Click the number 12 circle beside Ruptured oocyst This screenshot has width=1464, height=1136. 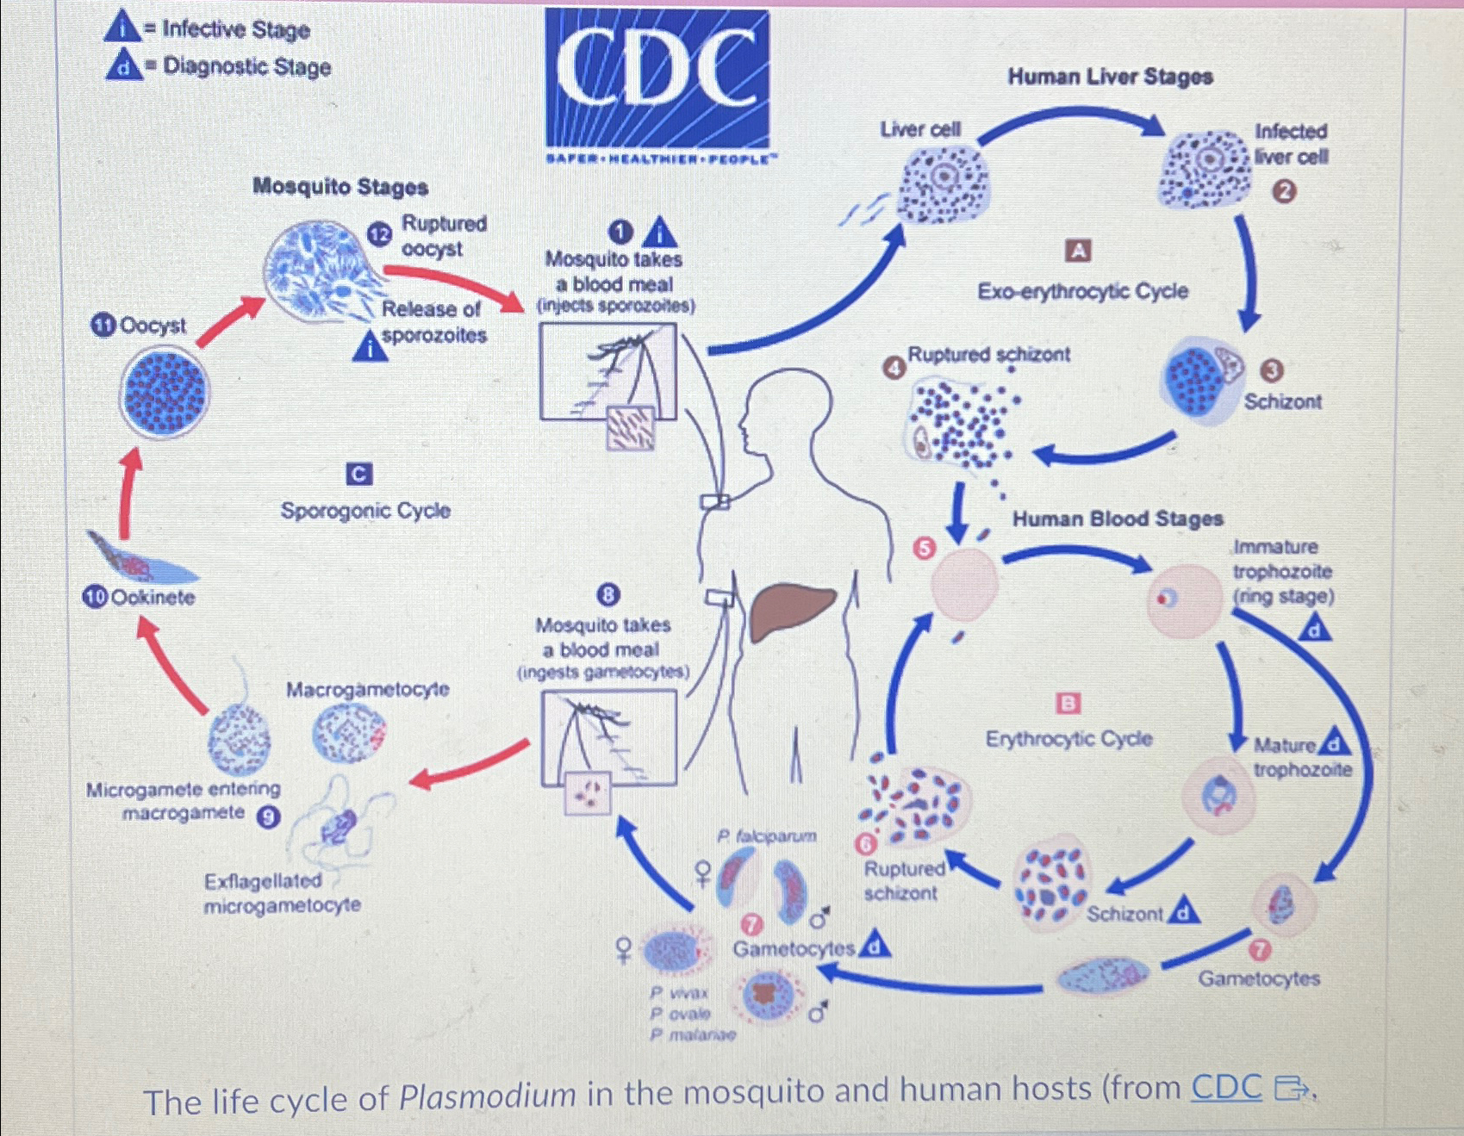[x=380, y=234]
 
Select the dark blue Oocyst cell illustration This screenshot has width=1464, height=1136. [x=163, y=392]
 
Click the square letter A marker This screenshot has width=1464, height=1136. [x=1078, y=251]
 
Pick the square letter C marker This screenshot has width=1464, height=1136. [x=358, y=474]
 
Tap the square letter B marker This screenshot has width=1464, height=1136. [x=1068, y=704]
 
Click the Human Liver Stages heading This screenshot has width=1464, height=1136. [x=1110, y=77]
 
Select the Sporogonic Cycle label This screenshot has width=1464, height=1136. [x=365, y=511]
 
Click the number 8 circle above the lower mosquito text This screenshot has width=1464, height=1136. [x=608, y=594]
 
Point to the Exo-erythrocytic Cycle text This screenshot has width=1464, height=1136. [x=1082, y=291]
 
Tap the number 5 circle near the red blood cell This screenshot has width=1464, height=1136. [x=924, y=548]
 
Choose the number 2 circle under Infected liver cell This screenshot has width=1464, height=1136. [x=1283, y=192]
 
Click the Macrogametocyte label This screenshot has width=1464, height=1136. [x=367, y=689]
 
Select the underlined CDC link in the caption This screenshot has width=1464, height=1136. [x=1226, y=1088]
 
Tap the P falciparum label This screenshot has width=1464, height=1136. [x=766, y=835]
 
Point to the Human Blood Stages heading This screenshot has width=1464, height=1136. [x=1118, y=518]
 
